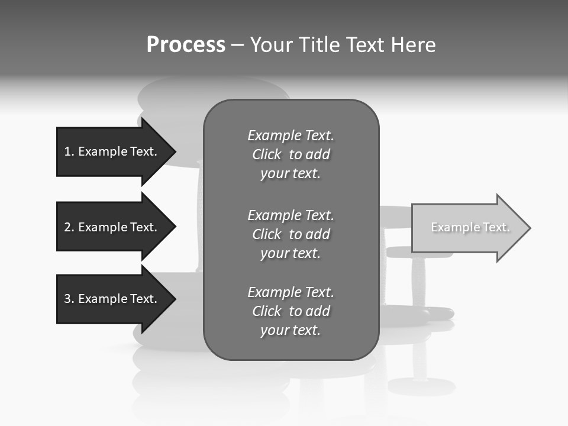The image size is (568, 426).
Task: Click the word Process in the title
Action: pyautogui.click(x=186, y=45)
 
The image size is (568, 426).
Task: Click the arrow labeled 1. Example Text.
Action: pyautogui.click(x=112, y=151)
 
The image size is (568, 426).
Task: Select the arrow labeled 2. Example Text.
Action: pyautogui.click(x=112, y=227)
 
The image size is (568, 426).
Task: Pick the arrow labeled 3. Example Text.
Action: pyautogui.click(x=112, y=299)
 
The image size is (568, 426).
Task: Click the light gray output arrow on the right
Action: pyautogui.click(x=467, y=228)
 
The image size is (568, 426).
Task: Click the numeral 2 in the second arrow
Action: pyautogui.click(x=67, y=227)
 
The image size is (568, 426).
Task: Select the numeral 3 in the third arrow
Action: pyautogui.click(x=67, y=299)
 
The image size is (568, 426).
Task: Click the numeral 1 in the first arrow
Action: pyautogui.click(x=67, y=151)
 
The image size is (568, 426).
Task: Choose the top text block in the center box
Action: pyautogui.click(x=291, y=154)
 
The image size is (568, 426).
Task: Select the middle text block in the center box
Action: pyautogui.click(x=291, y=234)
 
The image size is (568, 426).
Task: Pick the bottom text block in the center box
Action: pyautogui.click(x=291, y=311)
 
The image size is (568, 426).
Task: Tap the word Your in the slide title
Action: pyautogui.click(x=270, y=45)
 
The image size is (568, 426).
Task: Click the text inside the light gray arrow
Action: pyautogui.click(x=470, y=227)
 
